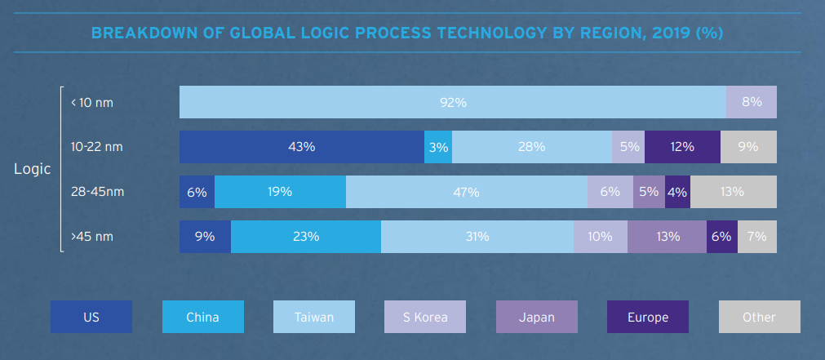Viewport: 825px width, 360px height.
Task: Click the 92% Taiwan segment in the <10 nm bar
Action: pyautogui.click(x=453, y=102)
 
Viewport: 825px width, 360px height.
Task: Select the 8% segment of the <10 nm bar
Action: pyautogui.click(x=752, y=102)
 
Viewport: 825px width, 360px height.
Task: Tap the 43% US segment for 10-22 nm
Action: pyautogui.click(x=302, y=147)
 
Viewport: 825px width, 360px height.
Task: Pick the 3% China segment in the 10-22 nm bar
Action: pyautogui.click(x=438, y=147)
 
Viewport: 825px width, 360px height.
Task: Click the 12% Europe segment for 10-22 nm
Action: pyautogui.click(x=682, y=147)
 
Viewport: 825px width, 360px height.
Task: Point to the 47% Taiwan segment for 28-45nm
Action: pyautogui.click(x=467, y=192)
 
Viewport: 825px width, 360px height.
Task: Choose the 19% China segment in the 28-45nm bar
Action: pyautogui.click(x=280, y=192)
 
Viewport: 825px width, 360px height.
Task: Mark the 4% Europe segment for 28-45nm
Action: pyautogui.click(x=677, y=192)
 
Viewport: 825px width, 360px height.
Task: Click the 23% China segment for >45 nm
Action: pyautogui.click(x=306, y=237)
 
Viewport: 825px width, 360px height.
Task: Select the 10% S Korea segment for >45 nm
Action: pyautogui.click(x=601, y=237)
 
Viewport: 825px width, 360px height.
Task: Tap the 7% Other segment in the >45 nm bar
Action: pyautogui.click(x=757, y=237)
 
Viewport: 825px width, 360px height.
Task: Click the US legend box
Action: pyautogui.click(x=91, y=317)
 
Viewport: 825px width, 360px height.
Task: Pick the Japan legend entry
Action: pyautogui.click(x=537, y=317)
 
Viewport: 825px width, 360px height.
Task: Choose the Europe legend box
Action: pyautogui.click(x=648, y=317)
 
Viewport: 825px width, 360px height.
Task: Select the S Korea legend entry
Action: pyautogui.click(x=425, y=317)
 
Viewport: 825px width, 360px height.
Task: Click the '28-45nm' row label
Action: pyautogui.click(x=96, y=192)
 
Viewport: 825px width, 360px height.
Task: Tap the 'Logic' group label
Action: pyautogui.click(x=33, y=169)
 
